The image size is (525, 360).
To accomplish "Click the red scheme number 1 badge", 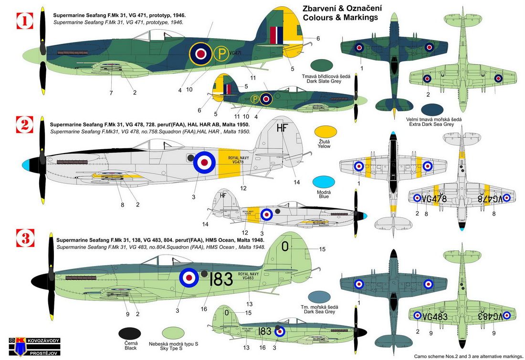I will tap(25, 21).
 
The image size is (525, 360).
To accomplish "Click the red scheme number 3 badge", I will tap(25, 237).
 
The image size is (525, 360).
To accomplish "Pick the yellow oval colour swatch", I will tap(325, 132).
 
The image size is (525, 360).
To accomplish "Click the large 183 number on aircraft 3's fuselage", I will tap(221, 279).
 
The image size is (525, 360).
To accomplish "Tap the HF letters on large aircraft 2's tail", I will tap(282, 128).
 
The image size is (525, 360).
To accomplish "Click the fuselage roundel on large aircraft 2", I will tap(204, 162).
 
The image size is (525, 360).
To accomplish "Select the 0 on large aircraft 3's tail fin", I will tap(285, 247).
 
